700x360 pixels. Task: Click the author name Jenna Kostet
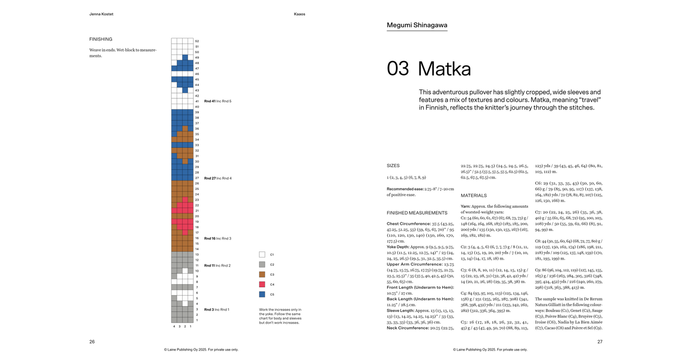click(x=101, y=14)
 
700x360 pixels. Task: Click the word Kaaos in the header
click(x=299, y=14)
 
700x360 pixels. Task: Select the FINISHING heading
click(x=101, y=39)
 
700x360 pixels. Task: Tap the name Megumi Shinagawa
click(x=417, y=25)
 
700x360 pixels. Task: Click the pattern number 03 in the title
click(x=398, y=69)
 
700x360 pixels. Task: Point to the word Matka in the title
click(x=444, y=69)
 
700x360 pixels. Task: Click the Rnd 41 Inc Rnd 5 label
click(x=218, y=101)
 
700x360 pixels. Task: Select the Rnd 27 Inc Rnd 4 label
click(x=218, y=178)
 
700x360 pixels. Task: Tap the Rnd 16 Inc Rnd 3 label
click(x=218, y=238)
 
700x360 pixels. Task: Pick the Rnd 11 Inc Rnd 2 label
click(x=217, y=266)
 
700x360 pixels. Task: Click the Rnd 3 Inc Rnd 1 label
click(x=217, y=310)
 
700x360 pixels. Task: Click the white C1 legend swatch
click(x=262, y=254)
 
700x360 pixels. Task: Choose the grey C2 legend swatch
click(x=262, y=265)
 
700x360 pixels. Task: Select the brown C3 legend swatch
click(x=262, y=274)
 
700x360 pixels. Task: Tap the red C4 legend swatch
click(x=262, y=284)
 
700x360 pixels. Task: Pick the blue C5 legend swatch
click(x=262, y=294)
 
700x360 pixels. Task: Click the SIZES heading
click(x=393, y=166)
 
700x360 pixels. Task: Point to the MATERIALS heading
click(x=474, y=196)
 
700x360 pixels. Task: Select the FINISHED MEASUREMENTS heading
click(x=417, y=213)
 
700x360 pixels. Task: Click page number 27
click(x=600, y=342)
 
